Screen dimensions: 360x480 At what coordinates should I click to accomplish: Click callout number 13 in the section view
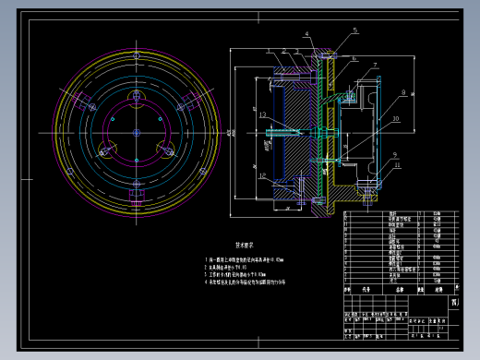263,114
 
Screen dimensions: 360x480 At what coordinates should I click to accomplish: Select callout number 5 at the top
354,30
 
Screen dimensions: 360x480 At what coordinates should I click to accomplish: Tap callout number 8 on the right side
402,93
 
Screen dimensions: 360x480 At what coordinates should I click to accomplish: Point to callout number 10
394,119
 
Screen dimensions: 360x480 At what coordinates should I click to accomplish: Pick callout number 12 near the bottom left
263,174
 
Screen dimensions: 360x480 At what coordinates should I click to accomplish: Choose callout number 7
376,65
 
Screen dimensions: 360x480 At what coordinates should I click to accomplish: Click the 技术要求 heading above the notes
245,246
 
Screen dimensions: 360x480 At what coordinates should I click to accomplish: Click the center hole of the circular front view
137,133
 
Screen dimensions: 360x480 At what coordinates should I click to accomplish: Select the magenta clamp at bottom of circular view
138,195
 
